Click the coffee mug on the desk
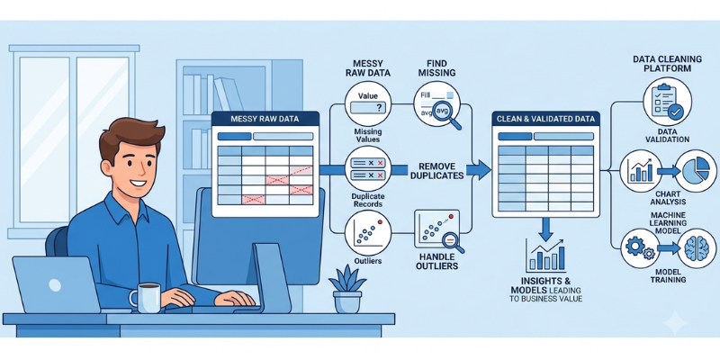pos(145,298)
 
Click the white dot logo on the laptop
pos(55,285)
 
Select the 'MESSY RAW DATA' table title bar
pos(265,119)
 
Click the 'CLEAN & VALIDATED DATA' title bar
pos(545,119)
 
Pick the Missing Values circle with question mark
pos(368,103)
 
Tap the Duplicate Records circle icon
pos(368,168)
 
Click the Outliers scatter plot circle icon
pos(367,233)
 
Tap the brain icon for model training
pos(697,248)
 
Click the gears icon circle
pos(641,248)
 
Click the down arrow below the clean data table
pos(545,229)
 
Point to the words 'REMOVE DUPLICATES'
pos(436,170)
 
